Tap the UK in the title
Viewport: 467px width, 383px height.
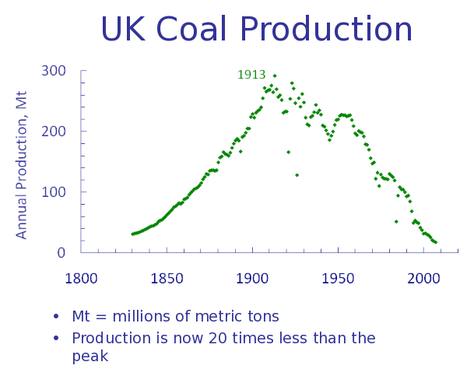[x=124, y=30]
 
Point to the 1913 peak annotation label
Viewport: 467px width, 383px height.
[x=251, y=75]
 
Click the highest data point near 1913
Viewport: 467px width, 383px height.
[x=274, y=76]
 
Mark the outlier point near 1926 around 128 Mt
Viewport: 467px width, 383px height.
[x=297, y=174]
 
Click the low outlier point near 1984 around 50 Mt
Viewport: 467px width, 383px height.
[x=395, y=221]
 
